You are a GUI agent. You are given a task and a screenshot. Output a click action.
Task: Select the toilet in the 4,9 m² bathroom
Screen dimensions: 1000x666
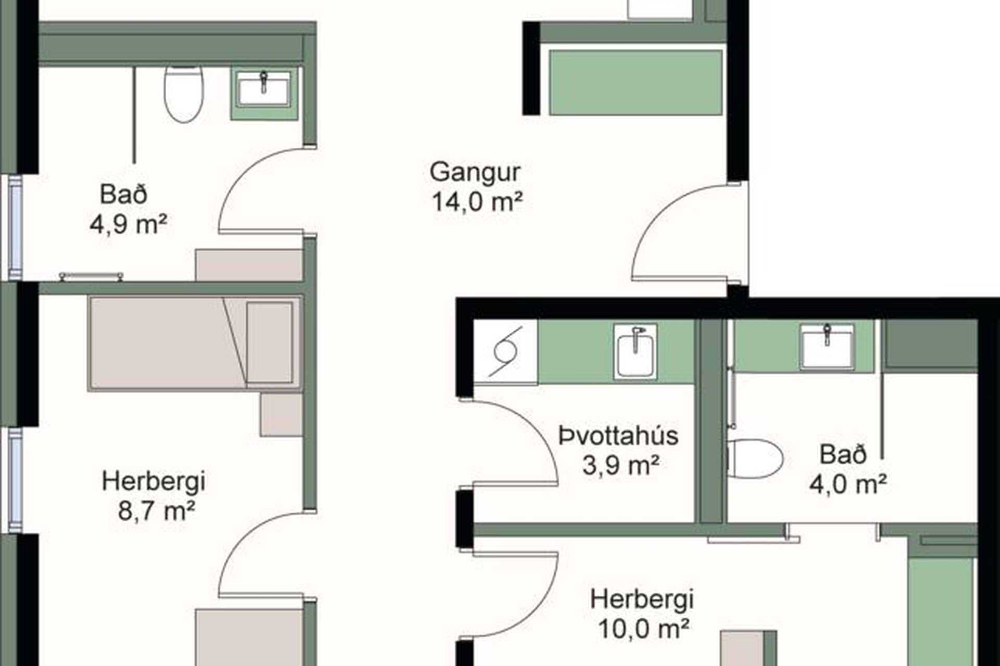[x=184, y=94]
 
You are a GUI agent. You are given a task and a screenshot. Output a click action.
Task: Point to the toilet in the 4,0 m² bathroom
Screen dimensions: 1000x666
[x=755, y=458]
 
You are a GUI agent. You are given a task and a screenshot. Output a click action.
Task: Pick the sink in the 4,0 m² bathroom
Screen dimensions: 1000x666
[x=827, y=346]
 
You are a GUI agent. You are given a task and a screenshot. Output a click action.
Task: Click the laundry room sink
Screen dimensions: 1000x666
[x=635, y=351]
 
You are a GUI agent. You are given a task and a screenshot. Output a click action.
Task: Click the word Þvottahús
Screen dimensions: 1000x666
[x=618, y=436]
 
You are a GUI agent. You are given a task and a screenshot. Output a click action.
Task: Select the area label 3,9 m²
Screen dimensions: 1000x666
[x=621, y=465]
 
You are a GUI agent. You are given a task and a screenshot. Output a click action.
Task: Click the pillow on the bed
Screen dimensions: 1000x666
[x=269, y=342]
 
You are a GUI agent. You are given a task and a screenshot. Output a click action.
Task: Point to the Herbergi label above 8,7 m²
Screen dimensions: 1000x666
[x=154, y=481]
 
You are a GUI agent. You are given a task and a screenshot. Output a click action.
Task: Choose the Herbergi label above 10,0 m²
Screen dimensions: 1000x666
[x=642, y=599]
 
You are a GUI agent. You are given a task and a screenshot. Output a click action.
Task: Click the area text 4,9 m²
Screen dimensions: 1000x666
[x=128, y=225]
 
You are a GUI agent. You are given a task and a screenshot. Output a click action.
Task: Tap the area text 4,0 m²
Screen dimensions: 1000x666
[x=847, y=484]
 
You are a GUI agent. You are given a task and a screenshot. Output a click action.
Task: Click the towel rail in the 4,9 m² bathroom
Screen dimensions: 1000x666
[x=91, y=276]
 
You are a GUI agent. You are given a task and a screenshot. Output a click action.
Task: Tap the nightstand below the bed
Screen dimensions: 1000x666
[x=281, y=415]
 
